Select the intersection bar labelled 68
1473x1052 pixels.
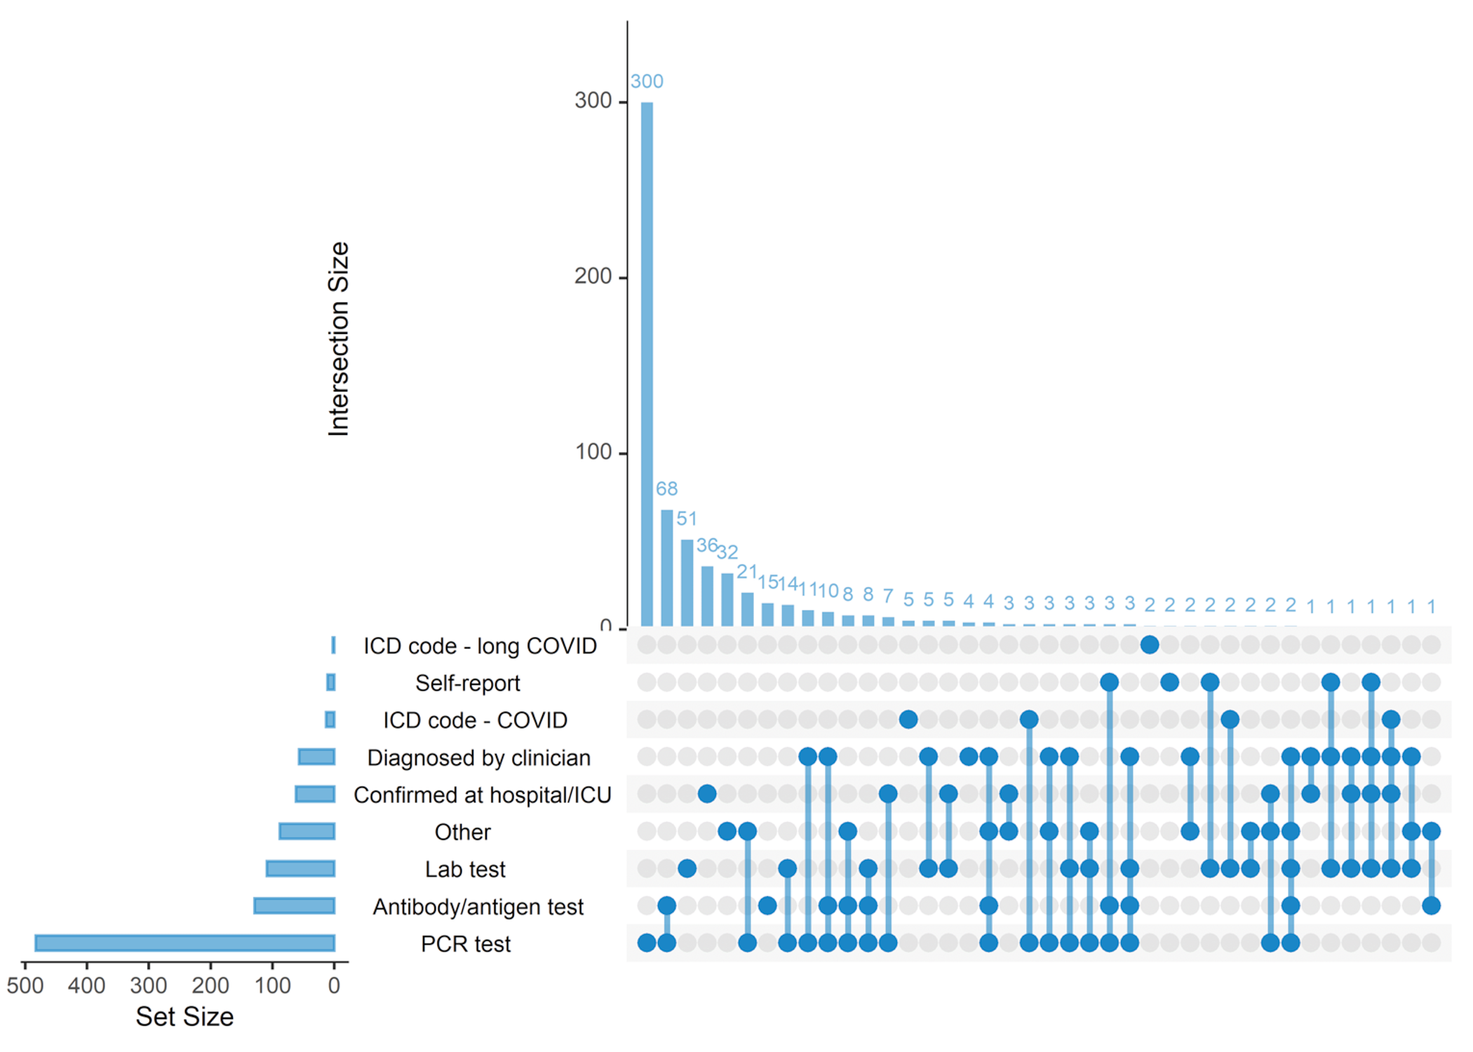[x=667, y=567]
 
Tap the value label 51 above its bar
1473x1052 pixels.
[x=687, y=519]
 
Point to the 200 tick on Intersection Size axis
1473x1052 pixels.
[x=593, y=277]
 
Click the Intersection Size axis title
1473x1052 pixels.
[x=339, y=339]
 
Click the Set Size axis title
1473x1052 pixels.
[x=184, y=1016]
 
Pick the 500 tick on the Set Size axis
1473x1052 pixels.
[x=25, y=985]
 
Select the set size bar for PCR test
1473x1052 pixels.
[x=185, y=943]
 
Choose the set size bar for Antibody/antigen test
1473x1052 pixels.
[x=295, y=905]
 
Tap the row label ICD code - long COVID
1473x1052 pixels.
[x=480, y=646]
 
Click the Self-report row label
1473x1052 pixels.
[x=467, y=683]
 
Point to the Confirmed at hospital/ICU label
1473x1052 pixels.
[x=482, y=795]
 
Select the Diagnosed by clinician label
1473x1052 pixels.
[x=478, y=757]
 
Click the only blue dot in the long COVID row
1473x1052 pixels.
[x=1150, y=645]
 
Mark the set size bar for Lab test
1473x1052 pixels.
[x=301, y=868]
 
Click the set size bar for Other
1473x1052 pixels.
[x=307, y=831]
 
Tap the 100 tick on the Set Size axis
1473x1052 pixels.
[x=272, y=985]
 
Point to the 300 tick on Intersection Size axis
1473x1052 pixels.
[x=593, y=101]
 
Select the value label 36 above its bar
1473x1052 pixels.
[x=706, y=545]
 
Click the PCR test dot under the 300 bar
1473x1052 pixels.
[x=647, y=943]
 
